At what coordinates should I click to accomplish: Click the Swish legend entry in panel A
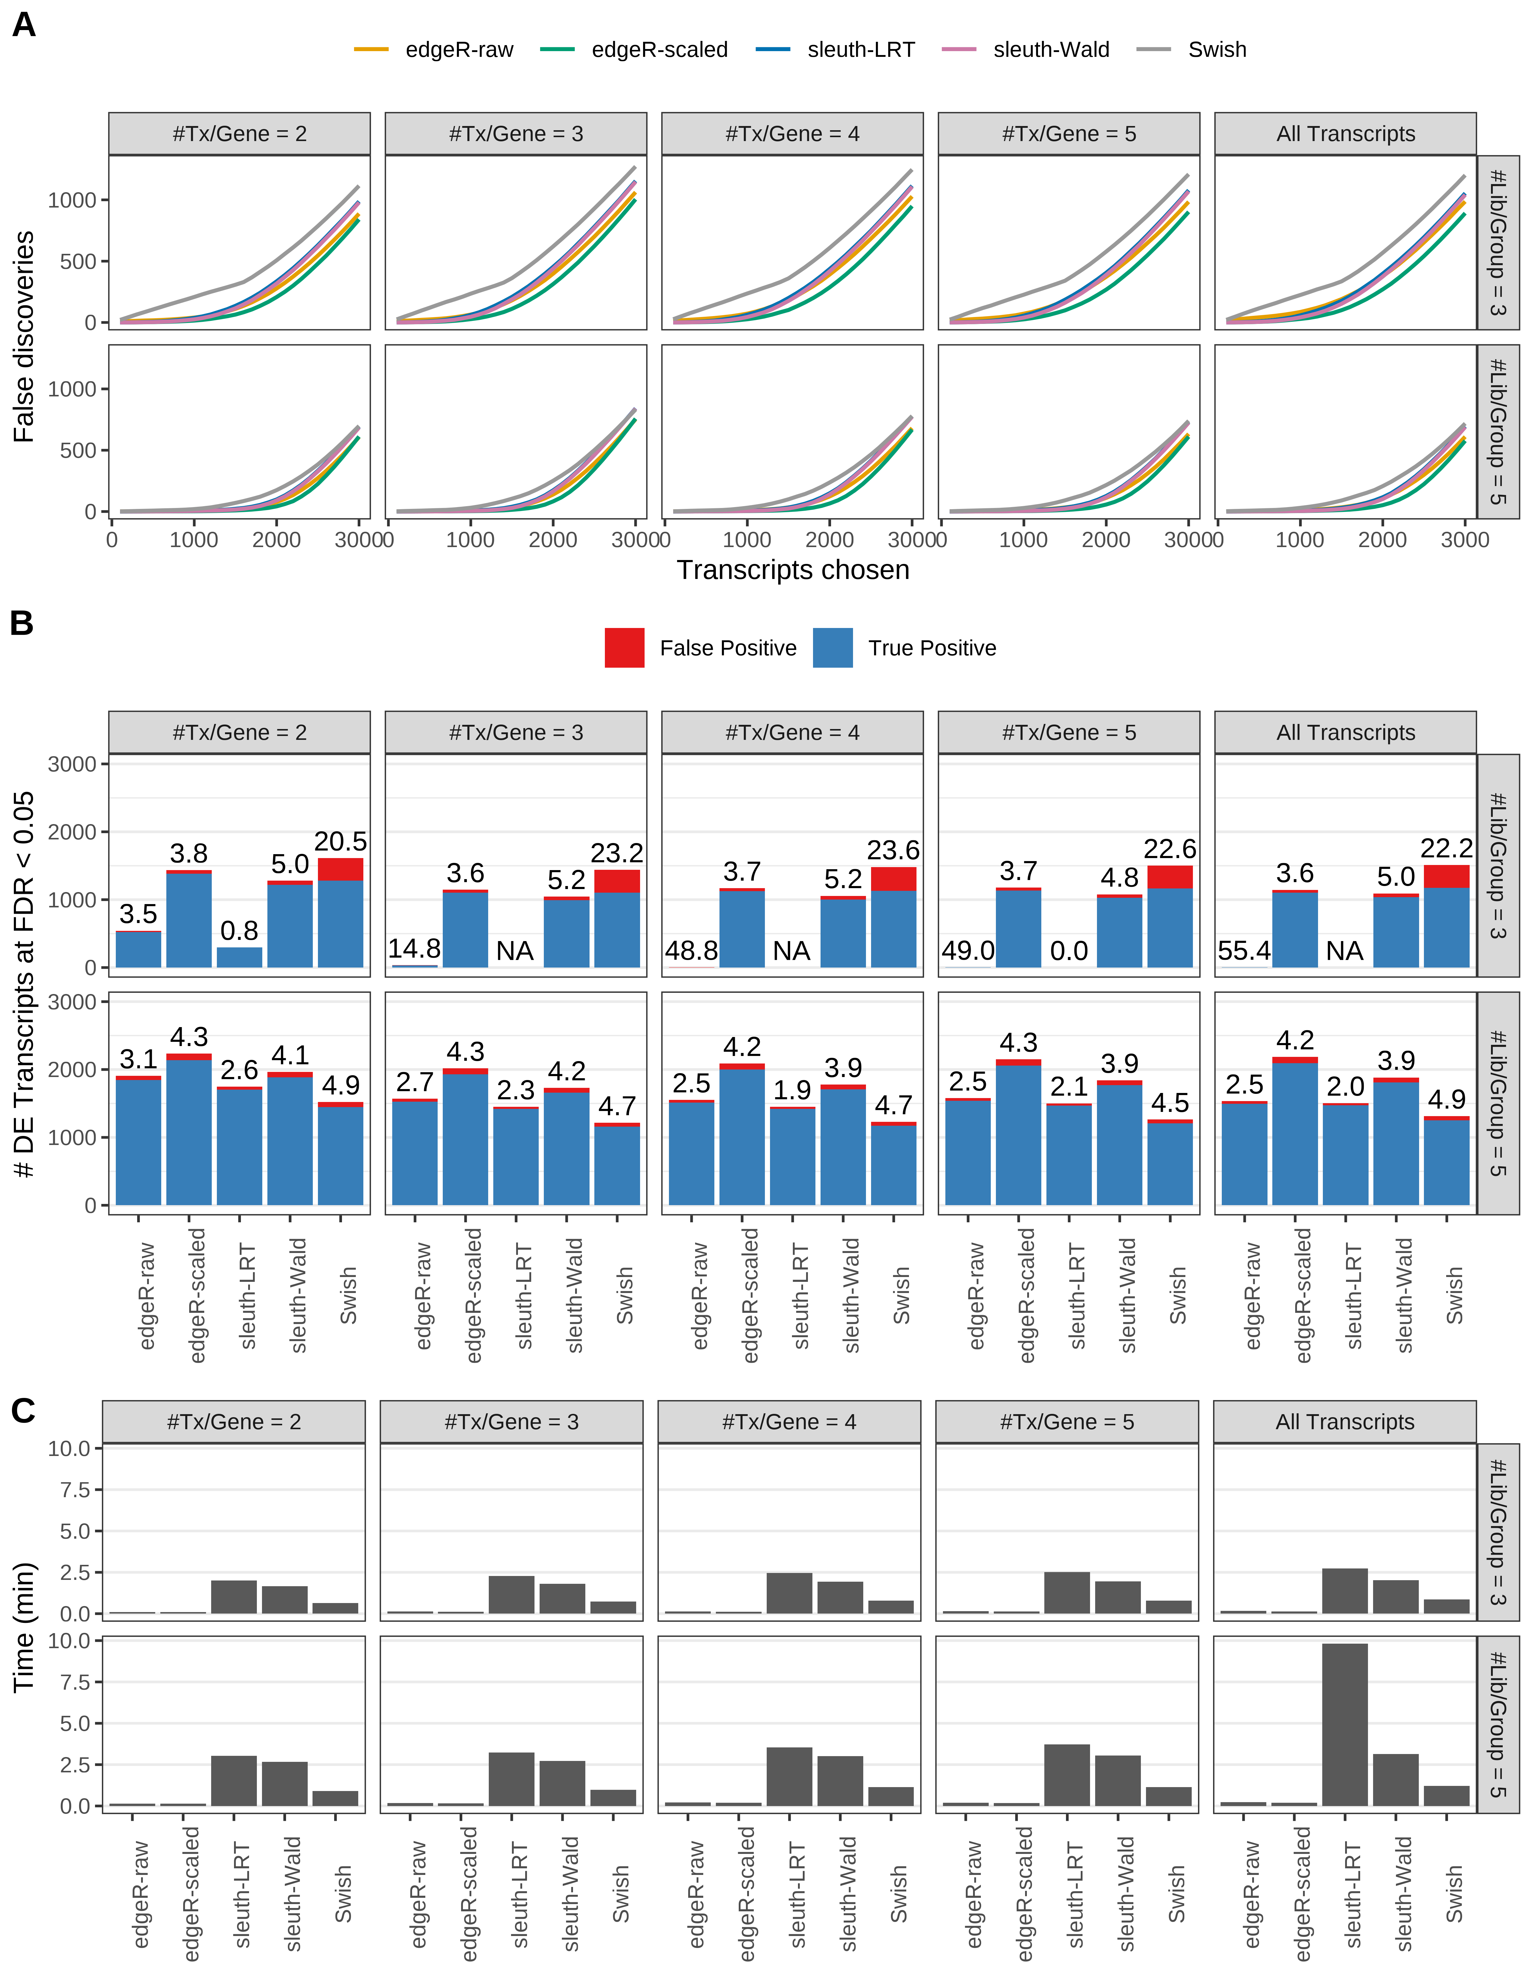pyautogui.click(x=1216, y=50)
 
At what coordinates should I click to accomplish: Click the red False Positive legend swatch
pyautogui.click(x=624, y=648)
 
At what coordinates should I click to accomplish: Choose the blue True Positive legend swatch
pyautogui.click(x=833, y=648)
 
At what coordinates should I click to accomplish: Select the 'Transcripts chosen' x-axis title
pyautogui.click(x=793, y=570)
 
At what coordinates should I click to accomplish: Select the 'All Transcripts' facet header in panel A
pyautogui.click(x=1345, y=134)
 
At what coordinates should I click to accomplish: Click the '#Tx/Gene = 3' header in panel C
pyautogui.click(x=511, y=1421)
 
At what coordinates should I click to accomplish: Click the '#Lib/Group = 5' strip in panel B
pyautogui.click(x=1498, y=1103)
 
